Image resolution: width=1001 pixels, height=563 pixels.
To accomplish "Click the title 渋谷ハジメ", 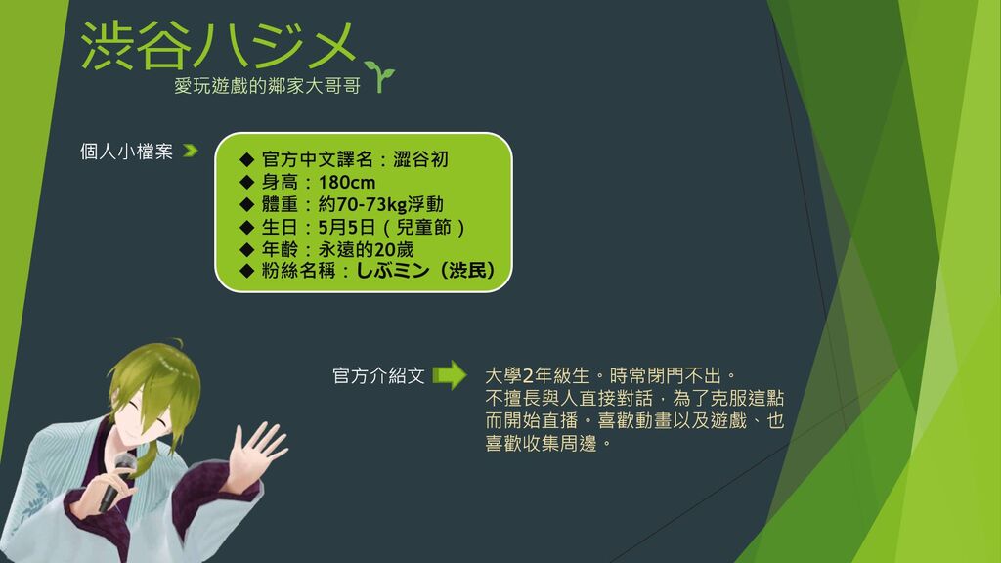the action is [x=218, y=45].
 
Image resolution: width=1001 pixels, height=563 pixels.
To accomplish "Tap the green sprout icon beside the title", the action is [x=380, y=76].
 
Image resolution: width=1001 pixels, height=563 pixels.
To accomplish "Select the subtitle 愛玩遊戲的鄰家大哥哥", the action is [x=268, y=86].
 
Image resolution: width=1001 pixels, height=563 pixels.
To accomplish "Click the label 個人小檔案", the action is [x=126, y=152].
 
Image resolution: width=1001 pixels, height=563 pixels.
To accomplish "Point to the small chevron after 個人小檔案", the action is [x=191, y=151].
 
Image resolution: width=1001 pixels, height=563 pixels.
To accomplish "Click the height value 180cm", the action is [x=347, y=183].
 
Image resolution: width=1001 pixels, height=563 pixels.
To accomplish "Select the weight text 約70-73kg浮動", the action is [x=380, y=205].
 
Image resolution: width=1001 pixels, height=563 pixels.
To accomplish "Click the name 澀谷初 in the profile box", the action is [x=420, y=159].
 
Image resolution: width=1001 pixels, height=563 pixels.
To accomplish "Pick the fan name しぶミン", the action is [x=393, y=271].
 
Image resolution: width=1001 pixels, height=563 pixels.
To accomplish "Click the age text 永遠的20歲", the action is [x=366, y=249].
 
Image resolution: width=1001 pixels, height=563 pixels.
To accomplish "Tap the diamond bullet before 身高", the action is [x=247, y=183].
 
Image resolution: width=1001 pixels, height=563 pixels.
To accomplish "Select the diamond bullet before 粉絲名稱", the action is [x=247, y=271].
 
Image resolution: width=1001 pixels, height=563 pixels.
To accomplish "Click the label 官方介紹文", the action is [x=378, y=376].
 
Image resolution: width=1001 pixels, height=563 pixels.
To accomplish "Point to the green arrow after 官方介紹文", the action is [x=450, y=375].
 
